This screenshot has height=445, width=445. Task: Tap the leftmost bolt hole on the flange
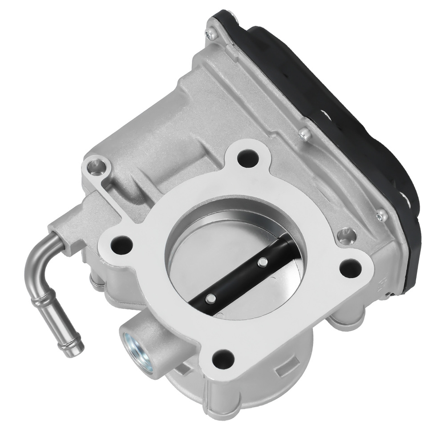pos(121,243)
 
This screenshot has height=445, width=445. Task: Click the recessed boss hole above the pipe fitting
pos(94,166)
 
